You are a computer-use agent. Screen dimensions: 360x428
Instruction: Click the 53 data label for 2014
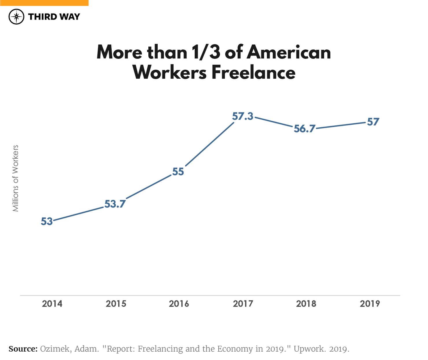pos(47,221)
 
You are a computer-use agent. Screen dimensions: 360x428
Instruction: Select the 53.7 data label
pos(115,204)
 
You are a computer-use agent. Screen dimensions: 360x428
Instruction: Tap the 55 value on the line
pos(178,172)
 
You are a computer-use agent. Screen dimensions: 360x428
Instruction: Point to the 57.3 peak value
pos(243,116)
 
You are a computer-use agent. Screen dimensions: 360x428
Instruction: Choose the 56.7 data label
pos(305,128)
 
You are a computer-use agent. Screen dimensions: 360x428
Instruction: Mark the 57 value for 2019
pos(373,122)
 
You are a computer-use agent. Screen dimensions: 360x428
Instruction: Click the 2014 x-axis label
pos(52,304)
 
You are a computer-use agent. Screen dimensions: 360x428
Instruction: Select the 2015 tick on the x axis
pos(116,304)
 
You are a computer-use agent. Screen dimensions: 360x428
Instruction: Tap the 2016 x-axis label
pos(179,304)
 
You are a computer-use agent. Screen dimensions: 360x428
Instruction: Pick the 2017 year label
pos(243,304)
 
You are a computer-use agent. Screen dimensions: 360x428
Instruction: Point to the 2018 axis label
pos(306,304)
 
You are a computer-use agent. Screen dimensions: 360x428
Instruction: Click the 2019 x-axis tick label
pos(370,304)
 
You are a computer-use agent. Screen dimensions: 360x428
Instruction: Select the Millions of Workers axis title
pos(15,178)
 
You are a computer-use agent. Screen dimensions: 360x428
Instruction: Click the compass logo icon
pos(16,16)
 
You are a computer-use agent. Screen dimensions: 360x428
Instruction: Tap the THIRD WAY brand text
pos(54,17)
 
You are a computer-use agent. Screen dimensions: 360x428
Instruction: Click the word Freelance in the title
pos(253,72)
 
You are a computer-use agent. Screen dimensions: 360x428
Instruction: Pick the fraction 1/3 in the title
pos(206,52)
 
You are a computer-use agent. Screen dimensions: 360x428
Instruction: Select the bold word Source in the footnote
pos(23,349)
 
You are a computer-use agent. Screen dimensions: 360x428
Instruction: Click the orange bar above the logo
pos(44,3)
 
